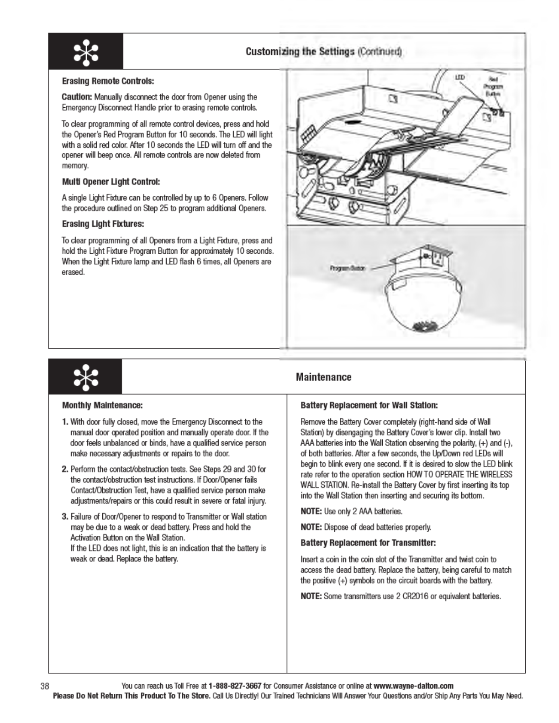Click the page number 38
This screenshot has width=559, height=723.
[x=45, y=686]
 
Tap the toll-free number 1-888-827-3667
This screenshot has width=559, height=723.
[x=235, y=686]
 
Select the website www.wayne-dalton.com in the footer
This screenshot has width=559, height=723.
[x=413, y=686]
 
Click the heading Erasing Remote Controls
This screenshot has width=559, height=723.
[x=108, y=81]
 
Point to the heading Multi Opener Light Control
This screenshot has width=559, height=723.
[x=111, y=182]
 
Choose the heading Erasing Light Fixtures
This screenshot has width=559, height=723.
[x=103, y=224]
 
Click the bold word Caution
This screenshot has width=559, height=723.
[x=77, y=97]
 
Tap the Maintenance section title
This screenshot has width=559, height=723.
[x=323, y=377]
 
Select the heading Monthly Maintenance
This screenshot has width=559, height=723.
[x=102, y=405]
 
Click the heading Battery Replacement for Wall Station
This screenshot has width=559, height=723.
[x=369, y=405]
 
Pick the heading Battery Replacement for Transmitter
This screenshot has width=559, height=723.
[x=368, y=543]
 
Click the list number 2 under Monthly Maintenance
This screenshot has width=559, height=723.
[x=65, y=469]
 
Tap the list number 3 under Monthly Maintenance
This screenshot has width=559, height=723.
[x=65, y=517]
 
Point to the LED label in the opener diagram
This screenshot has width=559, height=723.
[x=460, y=78]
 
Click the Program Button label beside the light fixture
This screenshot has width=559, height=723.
[x=347, y=268]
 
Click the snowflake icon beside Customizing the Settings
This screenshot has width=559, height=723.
[x=85, y=51]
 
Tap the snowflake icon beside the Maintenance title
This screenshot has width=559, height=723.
[x=85, y=377]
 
